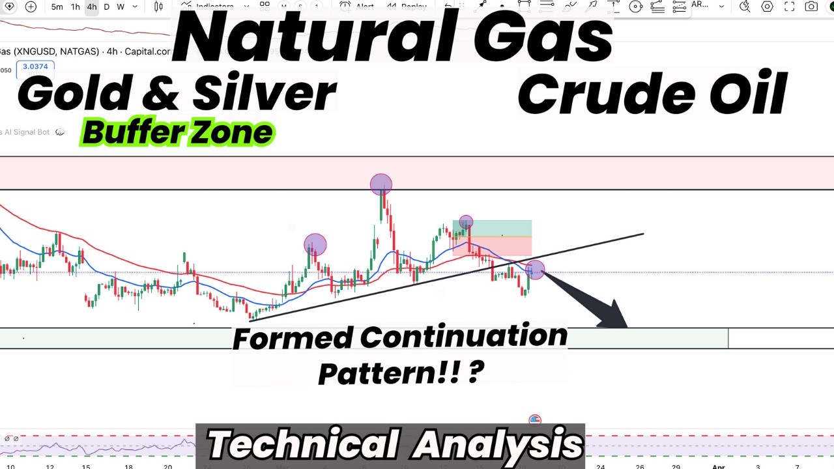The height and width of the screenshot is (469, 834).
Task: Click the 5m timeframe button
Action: tap(57, 7)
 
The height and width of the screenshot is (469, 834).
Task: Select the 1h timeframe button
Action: tap(76, 7)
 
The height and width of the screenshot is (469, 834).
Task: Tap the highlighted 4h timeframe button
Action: tap(92, 7)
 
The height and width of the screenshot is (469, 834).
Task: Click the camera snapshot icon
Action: tap(811, 7)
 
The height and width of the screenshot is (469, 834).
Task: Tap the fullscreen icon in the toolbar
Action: tap(790, 7)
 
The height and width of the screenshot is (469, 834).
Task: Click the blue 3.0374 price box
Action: tap(35, 66)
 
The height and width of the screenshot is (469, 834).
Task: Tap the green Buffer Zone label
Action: tap(177, 133)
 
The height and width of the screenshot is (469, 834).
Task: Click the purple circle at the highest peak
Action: tap(381, 184)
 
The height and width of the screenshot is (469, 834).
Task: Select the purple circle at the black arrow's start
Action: tap(535, 269)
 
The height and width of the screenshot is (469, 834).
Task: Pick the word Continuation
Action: tap(463, 337)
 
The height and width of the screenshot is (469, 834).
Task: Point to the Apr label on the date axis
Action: tap(719, 466)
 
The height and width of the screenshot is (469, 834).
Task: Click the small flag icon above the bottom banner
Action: tap(535, 419)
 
